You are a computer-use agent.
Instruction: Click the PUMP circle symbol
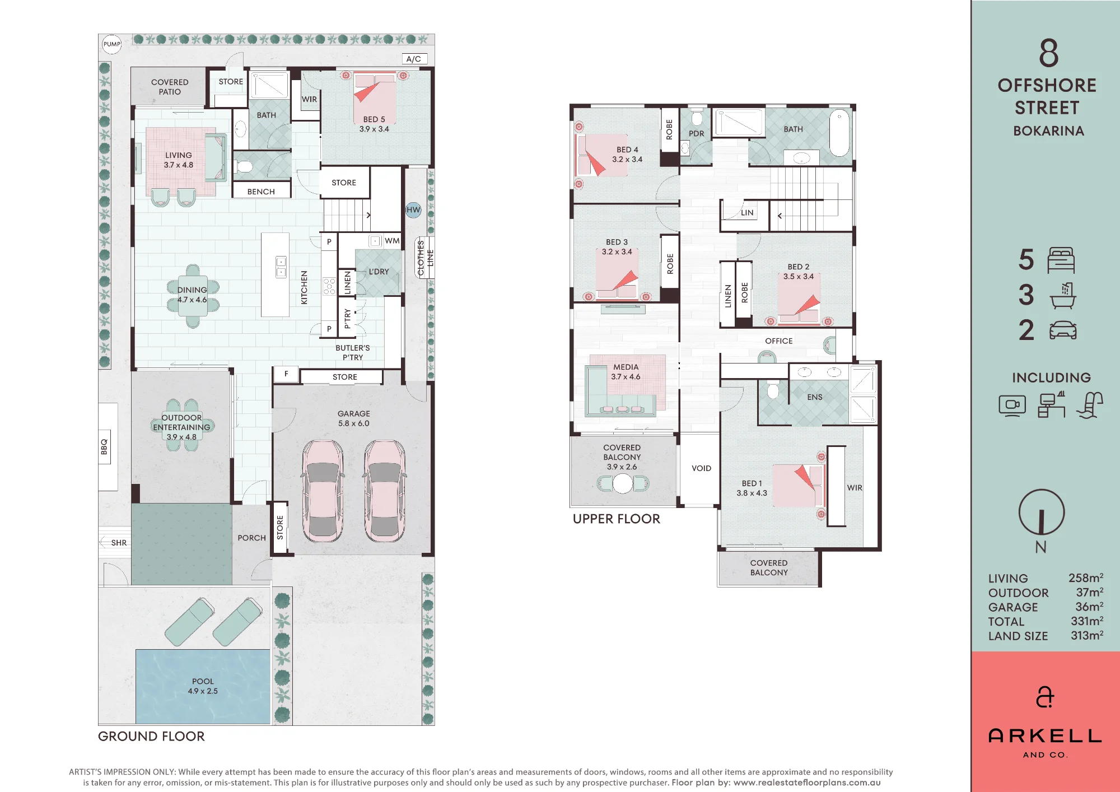(x=112, y=44)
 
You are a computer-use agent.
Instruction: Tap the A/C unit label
(x=414, y=59)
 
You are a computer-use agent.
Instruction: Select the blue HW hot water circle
(x=413, y=210)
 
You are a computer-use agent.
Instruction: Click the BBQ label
(x=104, y=447)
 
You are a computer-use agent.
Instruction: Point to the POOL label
(x=203, y=682)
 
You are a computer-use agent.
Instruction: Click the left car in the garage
(x=323, y=491)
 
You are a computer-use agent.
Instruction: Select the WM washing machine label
(x=392, y=241)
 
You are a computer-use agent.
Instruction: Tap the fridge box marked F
(x=286, y=374)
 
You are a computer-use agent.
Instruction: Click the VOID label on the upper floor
(x=701, y=468)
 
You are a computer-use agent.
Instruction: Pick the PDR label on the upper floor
(x=696, y=133)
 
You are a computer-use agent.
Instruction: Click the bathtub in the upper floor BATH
(x=839, y=133)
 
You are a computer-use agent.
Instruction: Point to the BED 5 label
(x=374, y=119)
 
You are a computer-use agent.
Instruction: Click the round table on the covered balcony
(x=623, y=483)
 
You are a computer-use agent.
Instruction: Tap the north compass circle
(x=1041, y=512)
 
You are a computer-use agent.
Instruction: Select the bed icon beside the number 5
(x=1061, y=260)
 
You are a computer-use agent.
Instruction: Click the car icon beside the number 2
(x=1063, y=330)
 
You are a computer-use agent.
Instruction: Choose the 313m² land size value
(x=1087, y=635)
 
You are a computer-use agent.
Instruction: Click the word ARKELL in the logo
(x=1045, y=736)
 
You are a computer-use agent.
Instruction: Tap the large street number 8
(x=1049, y=53)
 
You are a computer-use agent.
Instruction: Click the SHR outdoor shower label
(x=119, y=543)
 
